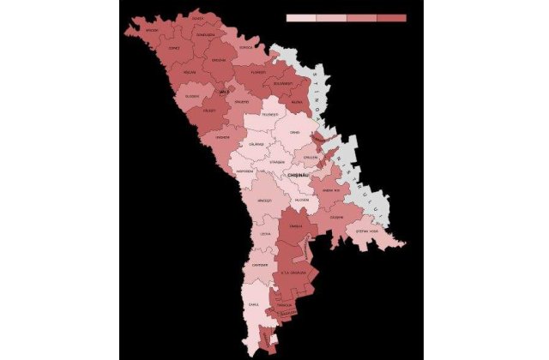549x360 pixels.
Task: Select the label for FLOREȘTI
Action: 257,73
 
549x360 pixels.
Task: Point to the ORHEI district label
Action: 294,133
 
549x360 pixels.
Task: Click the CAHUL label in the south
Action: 254,304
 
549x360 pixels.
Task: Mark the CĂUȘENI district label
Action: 337,216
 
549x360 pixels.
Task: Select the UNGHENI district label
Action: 222,137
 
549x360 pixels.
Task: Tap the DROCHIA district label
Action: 220,60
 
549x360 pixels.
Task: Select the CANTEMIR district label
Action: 261,264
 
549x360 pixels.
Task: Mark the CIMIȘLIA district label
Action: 297,226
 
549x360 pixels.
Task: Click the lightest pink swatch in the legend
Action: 301,17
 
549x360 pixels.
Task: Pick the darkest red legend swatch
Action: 391,17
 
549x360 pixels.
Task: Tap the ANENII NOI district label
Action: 332,190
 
